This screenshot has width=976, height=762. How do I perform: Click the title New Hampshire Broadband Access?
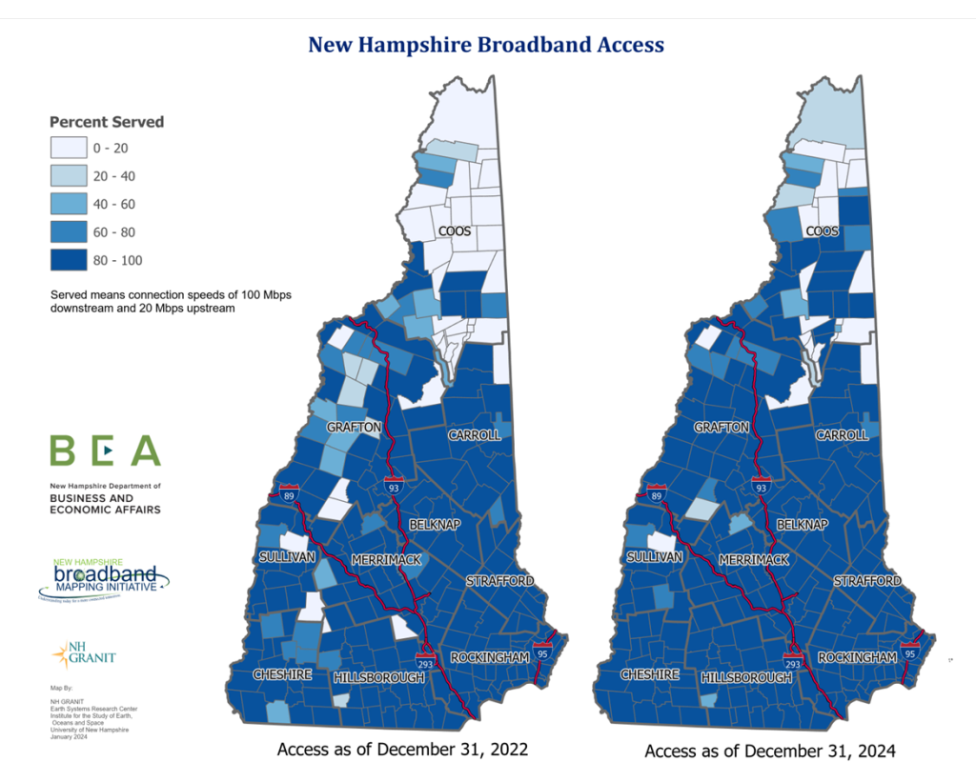pos(486,45)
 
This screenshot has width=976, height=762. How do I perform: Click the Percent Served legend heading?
pos(107,122)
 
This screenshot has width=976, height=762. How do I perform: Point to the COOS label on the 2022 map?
pos(455,231)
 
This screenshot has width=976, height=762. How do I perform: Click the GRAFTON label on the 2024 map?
pos(722,428)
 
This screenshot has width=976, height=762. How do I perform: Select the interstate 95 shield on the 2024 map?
pos(910,654)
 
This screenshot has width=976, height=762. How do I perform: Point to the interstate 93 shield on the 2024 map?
pos(761,487)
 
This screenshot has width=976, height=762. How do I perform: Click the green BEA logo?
pos(105,451)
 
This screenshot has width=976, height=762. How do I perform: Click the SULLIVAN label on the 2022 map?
pos(284,557)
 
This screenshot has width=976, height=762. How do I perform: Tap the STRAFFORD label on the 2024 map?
pos(867,580)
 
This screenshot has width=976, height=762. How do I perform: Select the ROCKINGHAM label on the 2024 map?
pos(857,658)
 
